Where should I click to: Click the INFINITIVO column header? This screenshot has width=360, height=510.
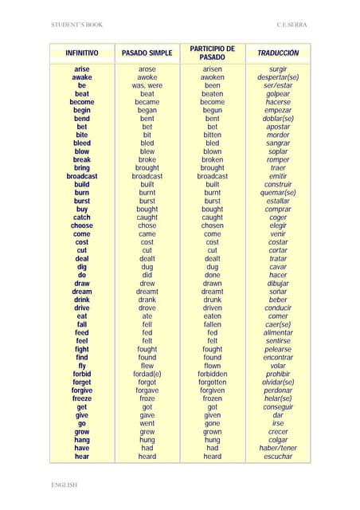point(82,53)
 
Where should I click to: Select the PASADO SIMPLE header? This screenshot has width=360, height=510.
point(147,53)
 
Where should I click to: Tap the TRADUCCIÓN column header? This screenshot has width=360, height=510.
point(278,53)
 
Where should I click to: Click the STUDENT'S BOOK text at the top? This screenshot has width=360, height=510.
point(76,25)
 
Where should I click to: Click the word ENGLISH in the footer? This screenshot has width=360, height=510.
point(65,484)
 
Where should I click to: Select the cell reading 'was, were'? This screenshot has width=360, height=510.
point(147,85)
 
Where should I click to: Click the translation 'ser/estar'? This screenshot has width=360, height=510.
point(278,85)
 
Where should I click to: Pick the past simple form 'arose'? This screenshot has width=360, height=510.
point(147,69)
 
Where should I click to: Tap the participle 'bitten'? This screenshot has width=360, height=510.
point(212,135)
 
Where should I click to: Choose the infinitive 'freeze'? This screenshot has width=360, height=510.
point(82,398)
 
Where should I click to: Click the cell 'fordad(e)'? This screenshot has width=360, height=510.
point(147,374)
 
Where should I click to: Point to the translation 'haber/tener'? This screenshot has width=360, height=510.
point(278,448)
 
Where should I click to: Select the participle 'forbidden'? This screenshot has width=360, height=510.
point(212,374)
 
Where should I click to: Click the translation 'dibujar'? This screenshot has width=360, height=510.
point(278,283)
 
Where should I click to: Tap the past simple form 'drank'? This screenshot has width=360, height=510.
point(147,300)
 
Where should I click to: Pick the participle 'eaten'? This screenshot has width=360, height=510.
point(212,316)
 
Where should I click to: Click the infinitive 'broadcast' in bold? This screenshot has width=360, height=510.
point(82,176)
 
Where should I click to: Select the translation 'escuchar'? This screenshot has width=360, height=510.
point(278,457)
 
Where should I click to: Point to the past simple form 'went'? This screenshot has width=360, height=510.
point(147,423)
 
